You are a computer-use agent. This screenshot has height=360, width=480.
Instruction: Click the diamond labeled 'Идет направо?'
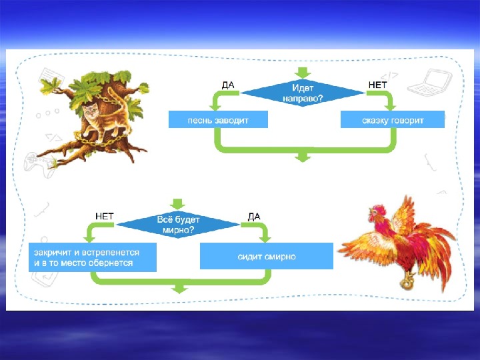click(x=303, y=92)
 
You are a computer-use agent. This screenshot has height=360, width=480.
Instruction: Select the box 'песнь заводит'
click(x=217, y=120)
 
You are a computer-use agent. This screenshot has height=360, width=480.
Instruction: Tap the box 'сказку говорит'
click(x=392, y=120)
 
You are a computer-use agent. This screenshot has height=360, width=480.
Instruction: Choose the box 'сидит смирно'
click(x=267, y=256)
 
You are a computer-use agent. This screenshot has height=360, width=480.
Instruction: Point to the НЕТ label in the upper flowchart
click(x=377, y=85)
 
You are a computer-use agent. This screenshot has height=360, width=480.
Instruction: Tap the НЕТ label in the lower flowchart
click(x=104, y=216)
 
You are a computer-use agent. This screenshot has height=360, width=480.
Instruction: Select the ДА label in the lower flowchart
click(x=253, y=216)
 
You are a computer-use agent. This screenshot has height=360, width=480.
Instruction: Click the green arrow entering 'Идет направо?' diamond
click(x=303, y=71)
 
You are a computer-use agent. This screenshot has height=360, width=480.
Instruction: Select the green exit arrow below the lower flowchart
click(x=179, y=288)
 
